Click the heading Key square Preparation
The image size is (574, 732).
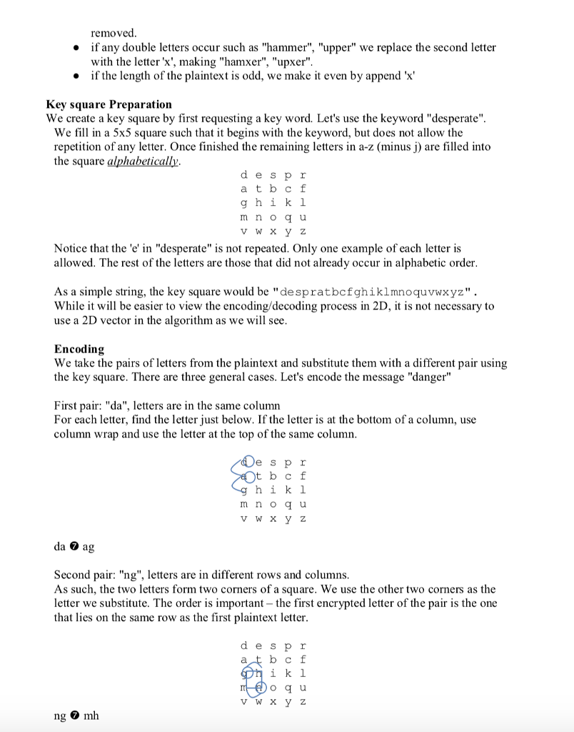109,104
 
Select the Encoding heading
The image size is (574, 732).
79,349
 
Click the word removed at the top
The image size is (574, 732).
114,33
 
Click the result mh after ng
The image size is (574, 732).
91,716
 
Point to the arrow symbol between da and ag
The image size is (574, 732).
74,546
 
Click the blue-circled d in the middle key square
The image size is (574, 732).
246,461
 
